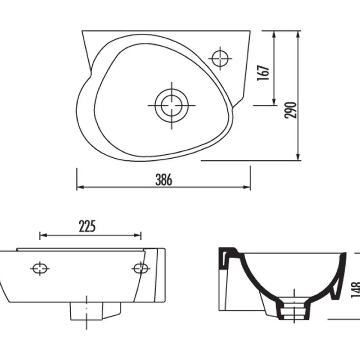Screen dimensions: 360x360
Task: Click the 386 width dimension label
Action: point(164,180)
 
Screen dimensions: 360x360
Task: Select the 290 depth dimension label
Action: point(291,110)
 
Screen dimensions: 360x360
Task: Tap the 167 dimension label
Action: point(263,73)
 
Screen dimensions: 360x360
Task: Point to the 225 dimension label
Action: point(87,226)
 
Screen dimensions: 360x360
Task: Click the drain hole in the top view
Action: point(172,106)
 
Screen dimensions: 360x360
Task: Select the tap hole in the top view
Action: point(220,58)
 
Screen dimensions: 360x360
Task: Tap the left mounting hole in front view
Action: point(40,268)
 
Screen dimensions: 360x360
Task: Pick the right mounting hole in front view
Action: point(141,268)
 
